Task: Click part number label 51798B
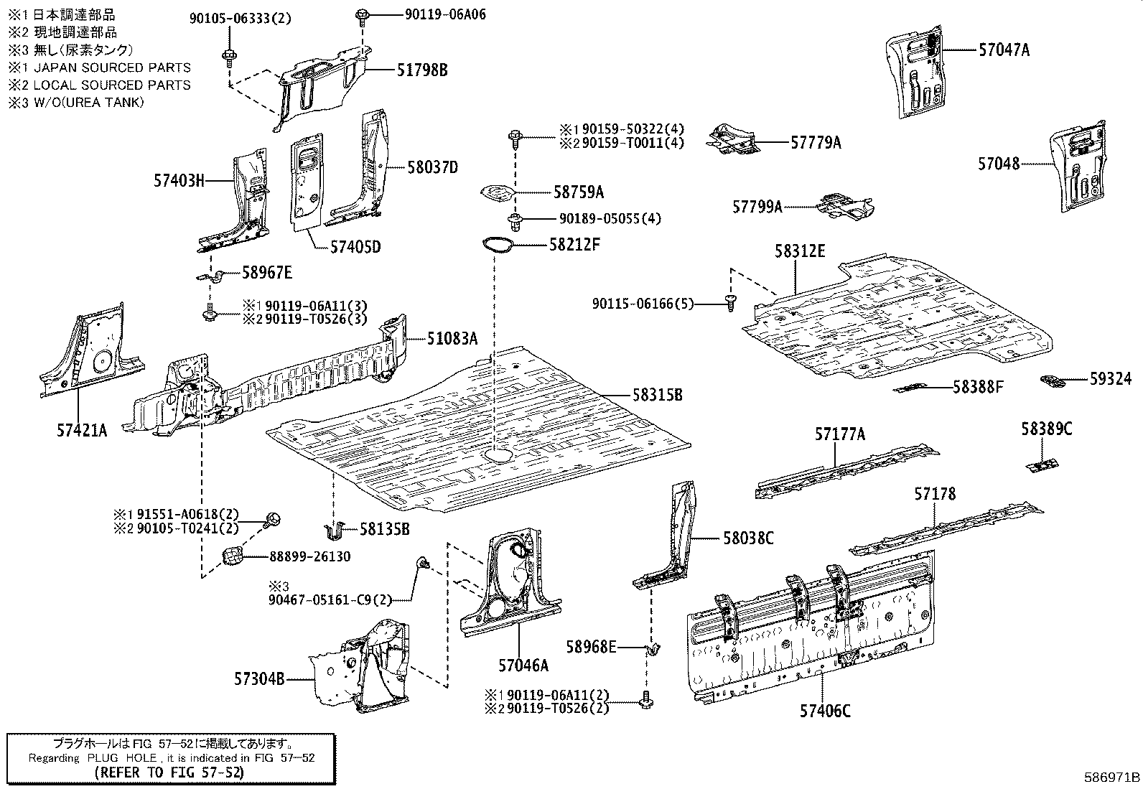coord(422,70)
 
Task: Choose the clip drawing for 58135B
coord(333,531)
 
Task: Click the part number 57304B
coord(258,678)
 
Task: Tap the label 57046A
coord(523,666)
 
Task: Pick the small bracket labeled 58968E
coord(654,648)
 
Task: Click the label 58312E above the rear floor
coord(799,251)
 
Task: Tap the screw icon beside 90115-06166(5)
coord(729,304)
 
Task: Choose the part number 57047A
coord(1004,50)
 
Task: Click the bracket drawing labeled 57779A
coord(734,140)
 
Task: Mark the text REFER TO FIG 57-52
coord(169,772)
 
